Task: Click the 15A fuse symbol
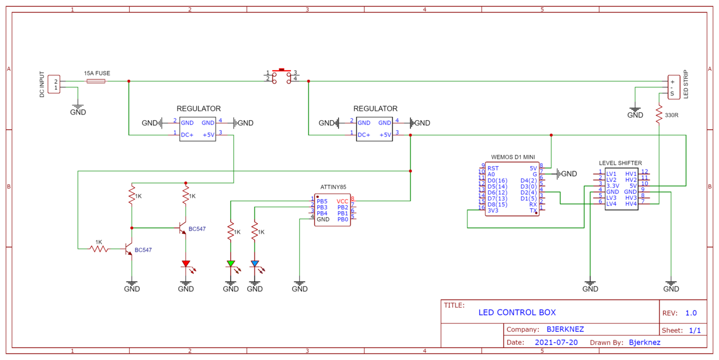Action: (x=96, y=81)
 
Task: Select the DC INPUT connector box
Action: (x=54, y=84)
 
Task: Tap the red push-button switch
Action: (x=281, y=76)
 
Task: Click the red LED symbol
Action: (x=186, y=263)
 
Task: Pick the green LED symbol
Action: (x=230, y=263)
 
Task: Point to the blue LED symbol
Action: (x=255, y=263)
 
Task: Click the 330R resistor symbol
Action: (x=659, y=115)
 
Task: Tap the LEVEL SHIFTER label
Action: (x=620, y=163)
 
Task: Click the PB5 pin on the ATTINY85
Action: (x=322, y=201)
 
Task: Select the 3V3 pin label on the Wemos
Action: (x=493, y=211)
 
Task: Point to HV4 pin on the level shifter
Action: (x=631, y=204)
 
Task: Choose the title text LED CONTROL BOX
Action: (x=517, y=313)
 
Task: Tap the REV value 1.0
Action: (x=690, y=313)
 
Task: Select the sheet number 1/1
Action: (x=695, y=331)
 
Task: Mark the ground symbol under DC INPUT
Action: (x=78, y=107)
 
